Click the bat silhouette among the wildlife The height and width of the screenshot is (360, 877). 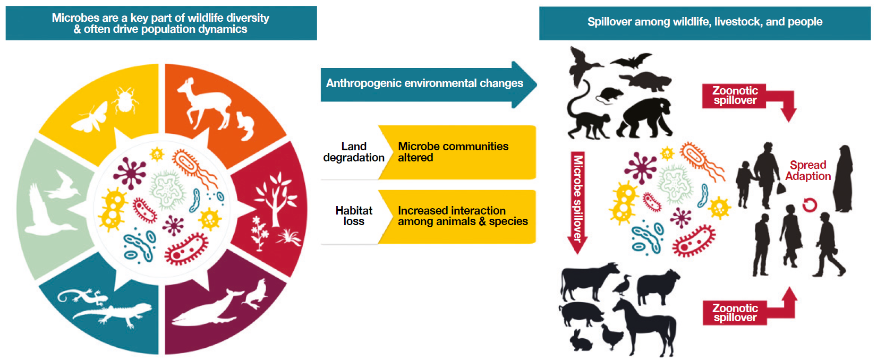point(631,61)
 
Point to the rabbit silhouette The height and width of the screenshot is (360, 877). point(580,340)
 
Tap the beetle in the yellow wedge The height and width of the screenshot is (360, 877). point(125,100)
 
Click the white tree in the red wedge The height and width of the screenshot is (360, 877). point(276,195)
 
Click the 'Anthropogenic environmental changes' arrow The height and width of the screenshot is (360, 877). point(428,84)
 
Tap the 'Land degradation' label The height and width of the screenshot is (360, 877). point(354,152)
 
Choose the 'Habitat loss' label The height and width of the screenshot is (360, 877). point(354,216)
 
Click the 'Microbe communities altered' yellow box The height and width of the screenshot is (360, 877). point(457,152)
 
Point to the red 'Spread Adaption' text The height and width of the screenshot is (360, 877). point(808,170)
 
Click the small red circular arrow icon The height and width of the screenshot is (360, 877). point(809,204)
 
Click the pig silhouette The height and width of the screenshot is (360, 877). point(582,314)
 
